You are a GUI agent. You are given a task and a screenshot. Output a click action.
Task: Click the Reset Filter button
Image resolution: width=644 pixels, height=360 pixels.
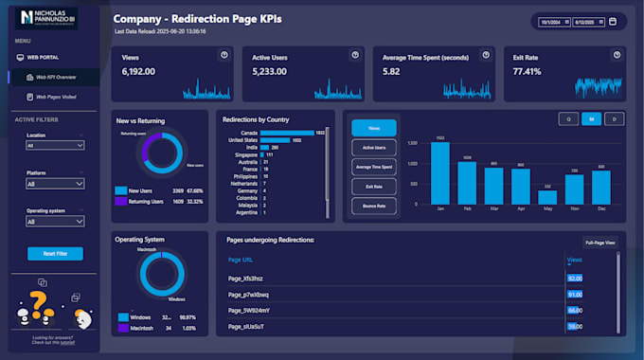click(55, 254)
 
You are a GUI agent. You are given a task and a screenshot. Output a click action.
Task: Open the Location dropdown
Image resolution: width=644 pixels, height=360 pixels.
click(55, 146)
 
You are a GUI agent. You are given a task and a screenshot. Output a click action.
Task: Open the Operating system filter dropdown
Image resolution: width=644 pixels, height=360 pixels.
click(55, 222)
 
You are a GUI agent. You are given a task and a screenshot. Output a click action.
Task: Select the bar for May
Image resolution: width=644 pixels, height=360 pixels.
click(547, 197)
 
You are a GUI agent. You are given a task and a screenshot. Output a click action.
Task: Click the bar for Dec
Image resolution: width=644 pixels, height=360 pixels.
click(601, 188)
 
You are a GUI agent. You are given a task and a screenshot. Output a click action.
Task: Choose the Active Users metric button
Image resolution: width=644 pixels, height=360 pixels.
click(374, 148)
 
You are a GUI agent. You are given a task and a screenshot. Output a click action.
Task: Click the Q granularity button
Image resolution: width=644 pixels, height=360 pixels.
click(568, 119)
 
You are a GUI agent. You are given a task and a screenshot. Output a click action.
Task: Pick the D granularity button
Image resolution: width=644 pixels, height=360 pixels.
click(614, 119)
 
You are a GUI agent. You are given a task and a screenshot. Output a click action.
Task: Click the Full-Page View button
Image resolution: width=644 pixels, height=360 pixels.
click(599, 243)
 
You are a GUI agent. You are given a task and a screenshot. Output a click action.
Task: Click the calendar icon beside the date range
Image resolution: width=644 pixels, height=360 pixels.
click(613, 21)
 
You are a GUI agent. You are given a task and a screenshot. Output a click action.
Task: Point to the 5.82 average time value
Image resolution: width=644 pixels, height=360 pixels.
click(391, 72)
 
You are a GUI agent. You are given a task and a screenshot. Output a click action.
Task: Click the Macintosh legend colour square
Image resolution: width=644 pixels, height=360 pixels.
click(121, 328)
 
